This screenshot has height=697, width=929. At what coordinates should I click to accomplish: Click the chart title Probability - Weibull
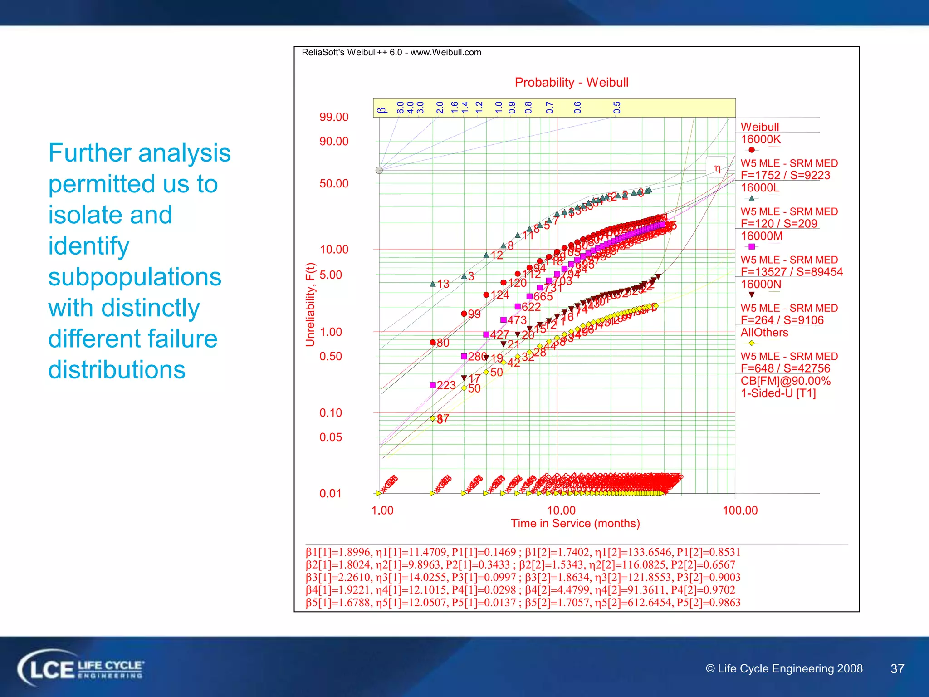(x=571, y=82)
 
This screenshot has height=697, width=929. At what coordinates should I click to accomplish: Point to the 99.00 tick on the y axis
(x=334, y=117)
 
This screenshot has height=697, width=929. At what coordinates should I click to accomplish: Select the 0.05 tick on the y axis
(x=330, y=437)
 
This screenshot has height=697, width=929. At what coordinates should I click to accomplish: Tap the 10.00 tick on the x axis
(x=561, y=510)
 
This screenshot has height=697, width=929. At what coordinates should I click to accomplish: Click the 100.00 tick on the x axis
(x=740, y=510)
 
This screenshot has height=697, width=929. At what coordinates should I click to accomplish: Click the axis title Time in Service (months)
(x=575, y=523)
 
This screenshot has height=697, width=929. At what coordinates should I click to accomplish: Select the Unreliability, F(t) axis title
(x=310, y=304)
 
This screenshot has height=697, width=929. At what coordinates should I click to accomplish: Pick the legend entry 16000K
(x=761, y=139)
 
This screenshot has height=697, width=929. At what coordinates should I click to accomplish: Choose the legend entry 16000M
(x=762, y=236)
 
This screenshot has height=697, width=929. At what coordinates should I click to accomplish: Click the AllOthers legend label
(x=764, y=333)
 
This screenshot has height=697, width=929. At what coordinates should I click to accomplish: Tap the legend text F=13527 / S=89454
(x=791, y=272)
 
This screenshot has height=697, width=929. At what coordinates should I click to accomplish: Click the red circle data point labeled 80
(x=433, y=343)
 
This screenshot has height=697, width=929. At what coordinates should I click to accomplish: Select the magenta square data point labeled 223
(x=433, y=385)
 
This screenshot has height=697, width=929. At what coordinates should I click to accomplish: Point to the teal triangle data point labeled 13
(x=433, y=284)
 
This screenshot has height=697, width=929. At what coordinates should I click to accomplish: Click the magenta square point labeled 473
(x=503, y=320)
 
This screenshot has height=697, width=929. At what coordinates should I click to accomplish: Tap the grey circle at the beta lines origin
(x=379, y=170)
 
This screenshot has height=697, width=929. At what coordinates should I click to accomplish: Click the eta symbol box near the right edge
(x=717, y=168)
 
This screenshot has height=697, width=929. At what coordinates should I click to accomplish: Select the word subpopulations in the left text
(x=135, y=277)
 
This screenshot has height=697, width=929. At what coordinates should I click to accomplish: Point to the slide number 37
(x=897, y=669)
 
